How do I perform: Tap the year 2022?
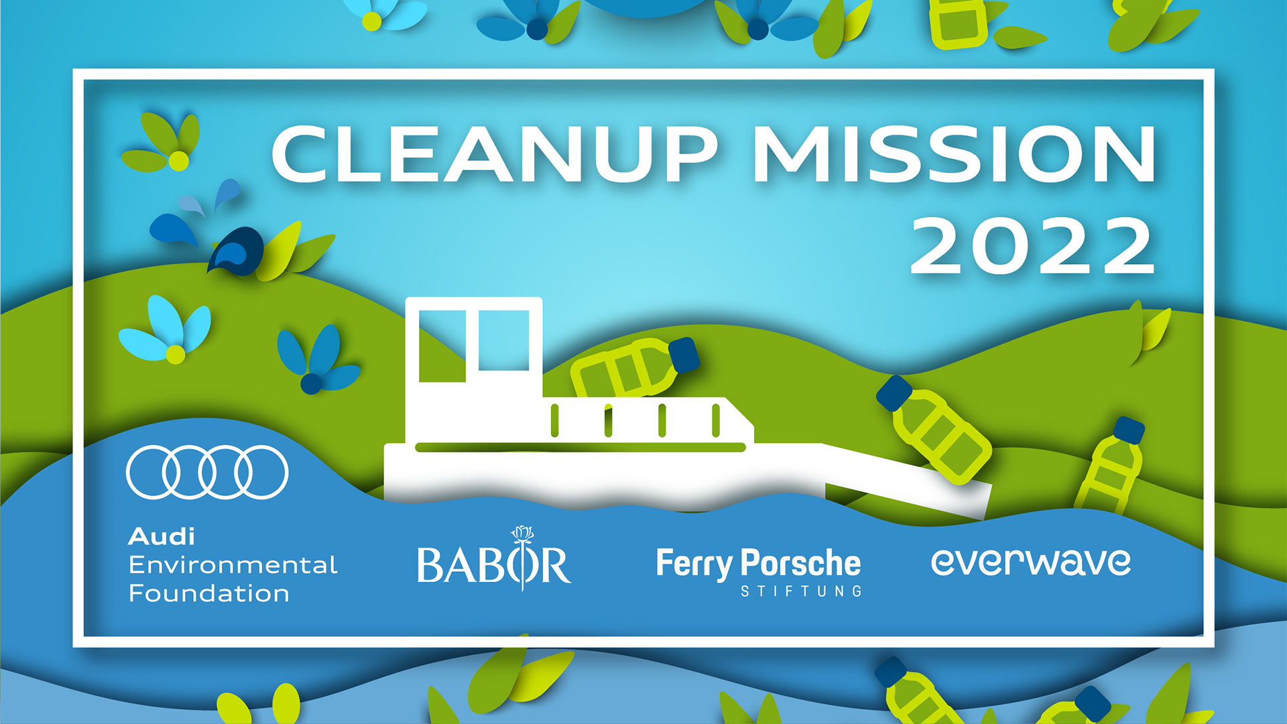point(1032,245)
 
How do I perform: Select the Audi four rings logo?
point(207,472)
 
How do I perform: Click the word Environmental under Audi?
point(233,565)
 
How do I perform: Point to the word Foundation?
point(208,593)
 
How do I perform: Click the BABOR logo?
point(494,560)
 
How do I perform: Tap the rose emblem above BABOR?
point(522,534)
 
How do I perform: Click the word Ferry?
point(694,564)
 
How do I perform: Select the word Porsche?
point(801,563)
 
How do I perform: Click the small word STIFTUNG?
point(801,591)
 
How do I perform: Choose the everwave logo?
point(1031,562)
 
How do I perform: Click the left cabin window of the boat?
point(442,346)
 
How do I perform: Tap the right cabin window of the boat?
point(503,341)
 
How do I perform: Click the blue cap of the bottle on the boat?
point(684,355)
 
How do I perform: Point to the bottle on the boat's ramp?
point(934,429)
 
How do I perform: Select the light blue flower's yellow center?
point(175,354)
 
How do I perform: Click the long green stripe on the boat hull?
point(580,447)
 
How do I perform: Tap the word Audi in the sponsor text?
point(162,537)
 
